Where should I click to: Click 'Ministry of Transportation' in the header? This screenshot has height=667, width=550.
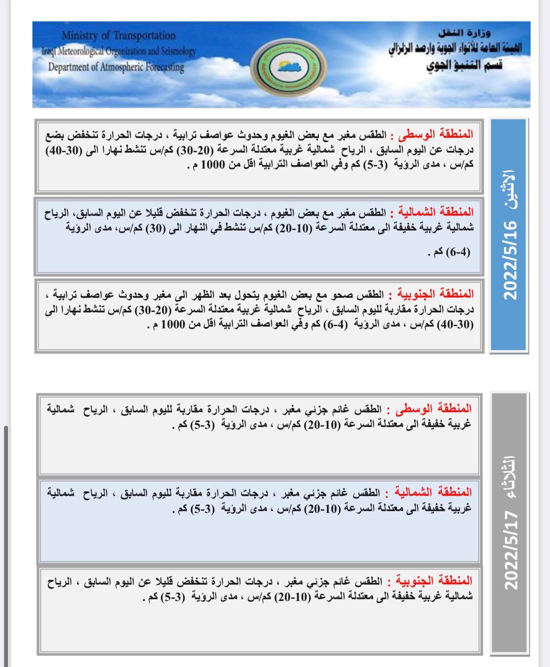(118, 36)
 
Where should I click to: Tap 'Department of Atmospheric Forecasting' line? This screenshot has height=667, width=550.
(116, 67)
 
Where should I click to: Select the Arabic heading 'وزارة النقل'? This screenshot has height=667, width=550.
(464, 34)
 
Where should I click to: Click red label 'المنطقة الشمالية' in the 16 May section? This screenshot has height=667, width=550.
(435, 212)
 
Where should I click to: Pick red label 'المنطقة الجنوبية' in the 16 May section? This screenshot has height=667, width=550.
(436, 294)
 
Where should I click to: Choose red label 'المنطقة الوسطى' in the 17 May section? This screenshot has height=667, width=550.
(436, 409)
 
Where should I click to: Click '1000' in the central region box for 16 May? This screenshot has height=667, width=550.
(214, 165)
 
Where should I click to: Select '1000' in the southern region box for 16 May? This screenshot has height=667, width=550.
(174, 325)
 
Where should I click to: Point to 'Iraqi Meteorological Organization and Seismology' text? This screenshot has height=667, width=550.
(118, 51)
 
